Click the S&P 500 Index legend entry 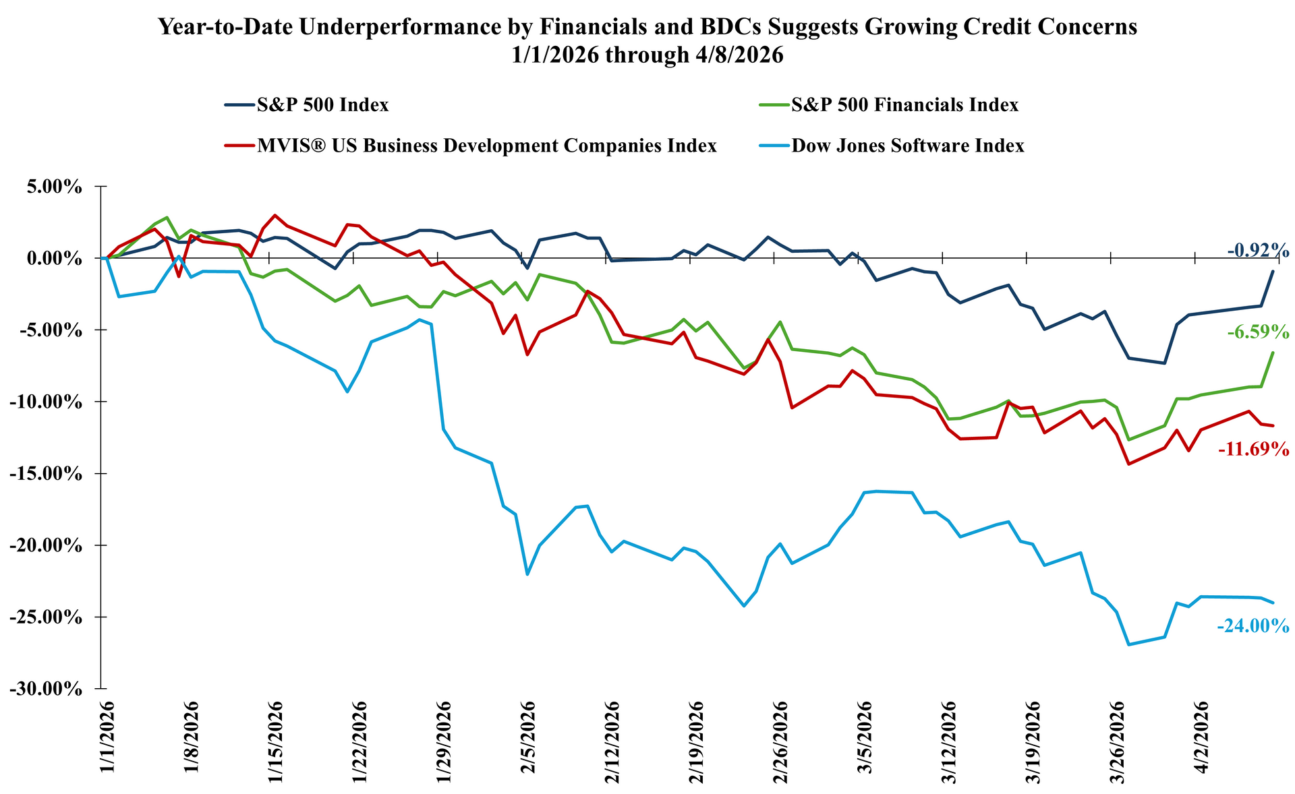(x=322, y=105)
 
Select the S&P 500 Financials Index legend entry (x=904, y=105)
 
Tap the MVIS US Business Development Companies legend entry (x=486, y=146)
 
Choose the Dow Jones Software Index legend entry (x=907, y=146)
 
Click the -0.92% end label (x=1258, y=251)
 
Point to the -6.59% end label (x=1258, y=332)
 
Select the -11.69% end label (x=1253, y=449)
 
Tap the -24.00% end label (x=1253, y=626)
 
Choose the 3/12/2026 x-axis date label (x=949, y=739)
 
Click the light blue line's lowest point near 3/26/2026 (x=1128, y=644)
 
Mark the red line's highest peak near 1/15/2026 (x=275, y=215)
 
